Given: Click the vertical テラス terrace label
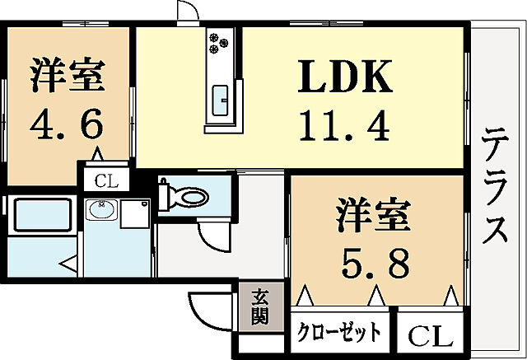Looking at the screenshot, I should click(x=495, y=185).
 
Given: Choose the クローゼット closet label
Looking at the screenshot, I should click(x=339, y=334).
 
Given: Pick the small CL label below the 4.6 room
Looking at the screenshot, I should click(x=105, y=180).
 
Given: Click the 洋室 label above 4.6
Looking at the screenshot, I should click(x=68, y=74).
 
